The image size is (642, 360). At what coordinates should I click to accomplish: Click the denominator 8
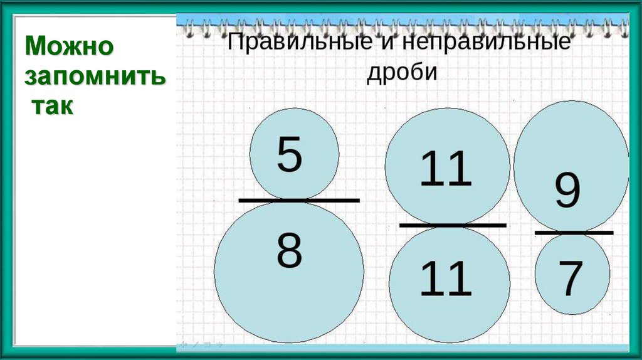point(289,251)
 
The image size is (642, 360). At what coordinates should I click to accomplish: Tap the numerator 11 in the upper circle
point(445,169)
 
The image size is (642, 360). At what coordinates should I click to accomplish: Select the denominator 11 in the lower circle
point(445,279)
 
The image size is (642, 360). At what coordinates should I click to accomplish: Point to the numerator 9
point(567,193)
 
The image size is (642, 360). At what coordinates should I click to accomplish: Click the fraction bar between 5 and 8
point(299,201)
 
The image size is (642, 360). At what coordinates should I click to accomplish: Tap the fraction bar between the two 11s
point(452,225)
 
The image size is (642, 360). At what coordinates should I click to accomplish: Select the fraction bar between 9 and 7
point(574,233)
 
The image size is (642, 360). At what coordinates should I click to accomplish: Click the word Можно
point(69,46)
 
